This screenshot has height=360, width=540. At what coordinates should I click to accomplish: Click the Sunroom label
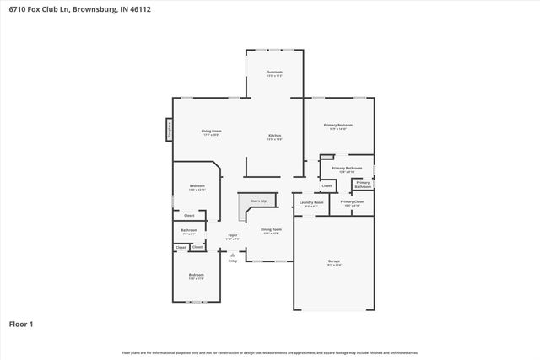[274, 73]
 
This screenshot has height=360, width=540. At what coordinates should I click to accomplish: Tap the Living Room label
[211, 132]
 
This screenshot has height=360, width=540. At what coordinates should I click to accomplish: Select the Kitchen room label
[274, 137]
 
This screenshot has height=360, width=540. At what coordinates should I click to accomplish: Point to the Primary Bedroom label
[338, 126]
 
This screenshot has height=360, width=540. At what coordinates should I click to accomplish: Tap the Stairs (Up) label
[258, 201]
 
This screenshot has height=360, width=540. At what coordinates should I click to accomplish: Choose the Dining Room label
[271, 230]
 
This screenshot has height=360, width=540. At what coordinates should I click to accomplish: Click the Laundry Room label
[311, 202]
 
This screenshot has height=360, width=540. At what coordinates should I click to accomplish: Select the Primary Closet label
[353, 202]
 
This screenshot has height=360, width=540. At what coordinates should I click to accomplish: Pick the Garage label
[334, 262]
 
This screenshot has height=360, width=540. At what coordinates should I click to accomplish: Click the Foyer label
[232, 236]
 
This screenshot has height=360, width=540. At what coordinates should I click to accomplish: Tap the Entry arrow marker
[233, 254]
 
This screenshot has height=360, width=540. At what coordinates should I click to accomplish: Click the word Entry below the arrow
[233, 261]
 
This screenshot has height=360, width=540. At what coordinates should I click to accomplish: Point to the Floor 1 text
[20, 324]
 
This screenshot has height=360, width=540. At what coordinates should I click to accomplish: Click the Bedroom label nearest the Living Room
[197, 186]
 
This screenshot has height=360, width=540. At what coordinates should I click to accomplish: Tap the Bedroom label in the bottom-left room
[196, 276]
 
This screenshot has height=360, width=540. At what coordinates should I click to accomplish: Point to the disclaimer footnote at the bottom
[270, 352]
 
